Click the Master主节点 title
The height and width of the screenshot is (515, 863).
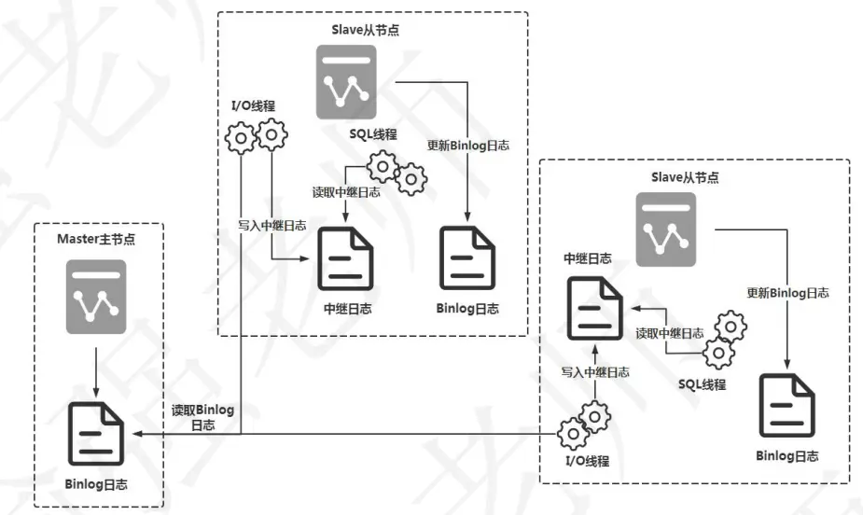coord(96,240)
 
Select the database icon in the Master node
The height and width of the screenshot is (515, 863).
coord(96,297)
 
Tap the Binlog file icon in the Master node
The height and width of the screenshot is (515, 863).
coord(96,432)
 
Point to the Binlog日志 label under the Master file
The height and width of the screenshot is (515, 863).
coord(96,485)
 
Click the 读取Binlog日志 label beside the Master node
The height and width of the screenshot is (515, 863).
coord(202,417)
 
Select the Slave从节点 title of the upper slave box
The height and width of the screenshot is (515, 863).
coord(372,30)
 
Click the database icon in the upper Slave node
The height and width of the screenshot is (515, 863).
coord(345,82)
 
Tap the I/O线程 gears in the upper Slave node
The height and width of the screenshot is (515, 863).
coord(256,137)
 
